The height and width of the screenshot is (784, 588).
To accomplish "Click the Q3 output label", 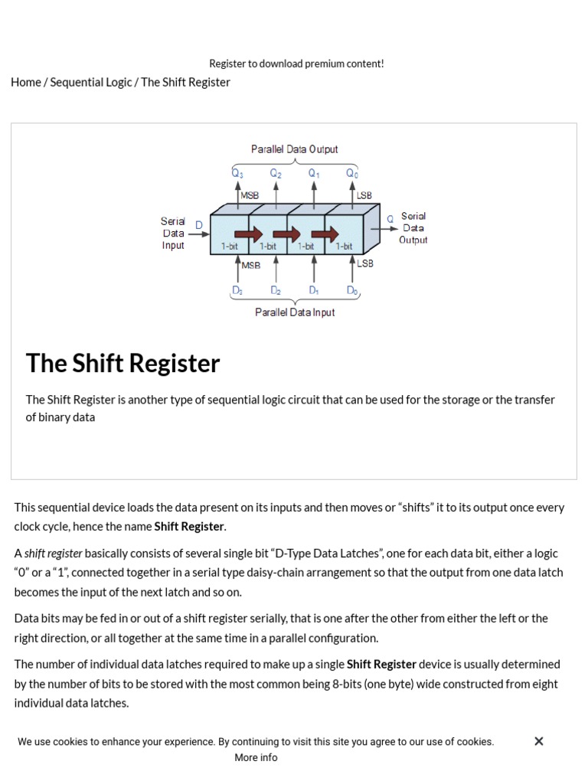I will [x=237, y=174].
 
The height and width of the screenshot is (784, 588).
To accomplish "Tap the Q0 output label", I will [x=352, y=174].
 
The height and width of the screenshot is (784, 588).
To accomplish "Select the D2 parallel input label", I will [x=276, y=291].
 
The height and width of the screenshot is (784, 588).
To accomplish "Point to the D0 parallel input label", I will [x=352, y=291].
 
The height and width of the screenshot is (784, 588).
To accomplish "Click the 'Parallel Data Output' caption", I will [x=294, y=149].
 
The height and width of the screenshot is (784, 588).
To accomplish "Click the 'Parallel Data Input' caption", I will [x=295, y=312].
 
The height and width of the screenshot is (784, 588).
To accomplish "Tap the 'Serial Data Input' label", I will [x=173, y=233].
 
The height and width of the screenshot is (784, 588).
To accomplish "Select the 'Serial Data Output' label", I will [x=413, y=228].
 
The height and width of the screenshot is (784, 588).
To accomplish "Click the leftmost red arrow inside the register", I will [x=248, y=234].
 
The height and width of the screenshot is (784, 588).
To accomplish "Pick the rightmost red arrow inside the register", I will [x=325, y=234].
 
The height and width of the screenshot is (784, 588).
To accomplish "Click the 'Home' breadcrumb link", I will [x=26, y=82].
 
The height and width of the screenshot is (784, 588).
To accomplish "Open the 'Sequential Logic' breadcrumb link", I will [x=91, y=82].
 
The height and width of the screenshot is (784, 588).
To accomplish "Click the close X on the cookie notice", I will [x=539, y=741].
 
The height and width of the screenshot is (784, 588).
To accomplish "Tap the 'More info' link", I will [x=256, y=757].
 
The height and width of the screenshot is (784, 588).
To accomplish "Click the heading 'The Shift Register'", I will [x=122, y=363].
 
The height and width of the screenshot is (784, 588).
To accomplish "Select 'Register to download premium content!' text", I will [x=296, y=64].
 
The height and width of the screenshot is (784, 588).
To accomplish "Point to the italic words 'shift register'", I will [x=54, y=553].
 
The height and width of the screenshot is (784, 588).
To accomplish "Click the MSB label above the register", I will [x=250, y=196].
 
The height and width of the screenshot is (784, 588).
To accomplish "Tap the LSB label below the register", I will [x=365, y=264].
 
